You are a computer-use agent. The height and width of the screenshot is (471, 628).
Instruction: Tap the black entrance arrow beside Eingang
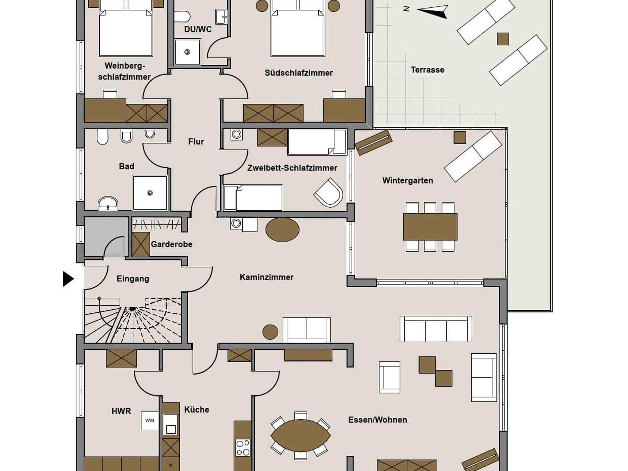coord(68,279)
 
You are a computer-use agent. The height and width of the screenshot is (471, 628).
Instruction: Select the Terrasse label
coord(427,70)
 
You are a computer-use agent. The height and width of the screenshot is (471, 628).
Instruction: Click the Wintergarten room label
coord(408,180)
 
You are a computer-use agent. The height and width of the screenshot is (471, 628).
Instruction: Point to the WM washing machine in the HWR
coord(150,420)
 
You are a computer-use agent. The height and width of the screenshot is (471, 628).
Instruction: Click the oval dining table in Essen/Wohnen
coord(301,435)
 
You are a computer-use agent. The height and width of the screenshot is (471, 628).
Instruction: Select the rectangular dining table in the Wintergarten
coord(430,227)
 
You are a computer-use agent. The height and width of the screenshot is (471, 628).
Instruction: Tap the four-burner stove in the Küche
coord(243,447)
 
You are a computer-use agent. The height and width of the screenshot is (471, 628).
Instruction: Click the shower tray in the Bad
coord(150,193)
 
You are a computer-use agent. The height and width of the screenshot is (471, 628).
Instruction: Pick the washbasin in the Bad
coord(108,203)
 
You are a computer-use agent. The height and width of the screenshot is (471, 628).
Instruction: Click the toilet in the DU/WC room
coord(182,16)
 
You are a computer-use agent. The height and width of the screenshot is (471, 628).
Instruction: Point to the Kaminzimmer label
coord(266,277)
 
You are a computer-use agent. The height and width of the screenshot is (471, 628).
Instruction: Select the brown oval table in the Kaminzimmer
coord(282,230)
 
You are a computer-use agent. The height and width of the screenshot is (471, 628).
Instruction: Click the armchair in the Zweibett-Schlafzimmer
coord(328,193)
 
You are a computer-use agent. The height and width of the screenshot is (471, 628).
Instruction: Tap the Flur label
coord(196,141)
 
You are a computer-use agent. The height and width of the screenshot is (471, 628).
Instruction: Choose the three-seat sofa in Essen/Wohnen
coord(436,329)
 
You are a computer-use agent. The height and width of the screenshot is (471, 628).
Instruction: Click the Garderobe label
coord(171,244)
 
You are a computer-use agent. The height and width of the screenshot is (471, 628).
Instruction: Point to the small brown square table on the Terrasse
coord(503,39)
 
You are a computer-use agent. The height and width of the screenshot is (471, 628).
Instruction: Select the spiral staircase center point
coord(132,308)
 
